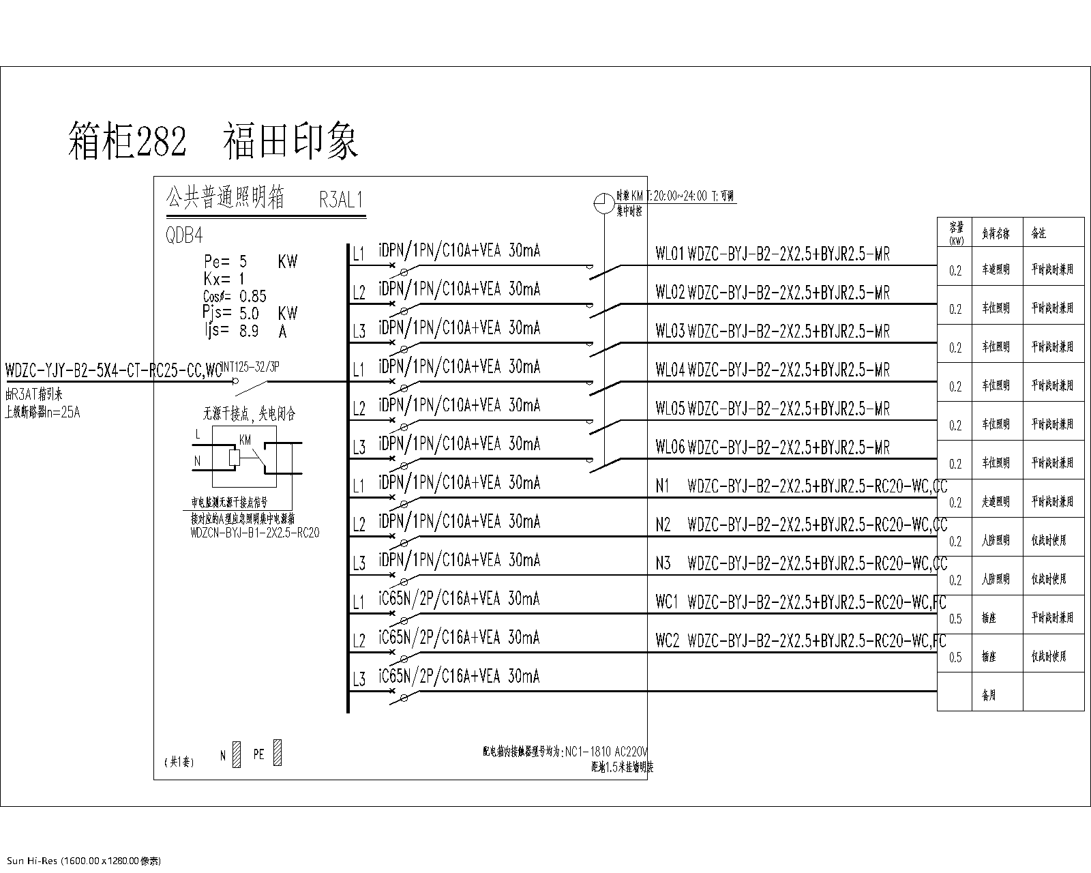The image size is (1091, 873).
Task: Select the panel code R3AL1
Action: click(341, 200)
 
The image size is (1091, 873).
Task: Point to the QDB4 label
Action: click(184, 236)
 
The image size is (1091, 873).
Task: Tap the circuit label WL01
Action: click(669, 255)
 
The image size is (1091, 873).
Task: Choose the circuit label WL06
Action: click(669, 448)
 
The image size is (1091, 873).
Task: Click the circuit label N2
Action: click(663, 525)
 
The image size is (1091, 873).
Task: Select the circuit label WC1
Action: click(667, 602)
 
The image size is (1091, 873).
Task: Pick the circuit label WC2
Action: click(667, 641)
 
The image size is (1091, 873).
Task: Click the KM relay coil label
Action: click(245, 441)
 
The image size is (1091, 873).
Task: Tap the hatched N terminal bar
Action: click(237, 754)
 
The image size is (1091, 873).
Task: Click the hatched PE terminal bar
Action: click(278, 753)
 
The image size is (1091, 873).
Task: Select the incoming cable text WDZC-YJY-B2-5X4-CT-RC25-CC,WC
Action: click(113, 371)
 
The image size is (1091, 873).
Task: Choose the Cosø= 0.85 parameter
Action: click(235, 296)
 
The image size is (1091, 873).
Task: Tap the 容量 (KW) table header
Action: click(956, 233)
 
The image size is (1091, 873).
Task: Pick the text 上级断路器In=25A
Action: click(42, 412)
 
